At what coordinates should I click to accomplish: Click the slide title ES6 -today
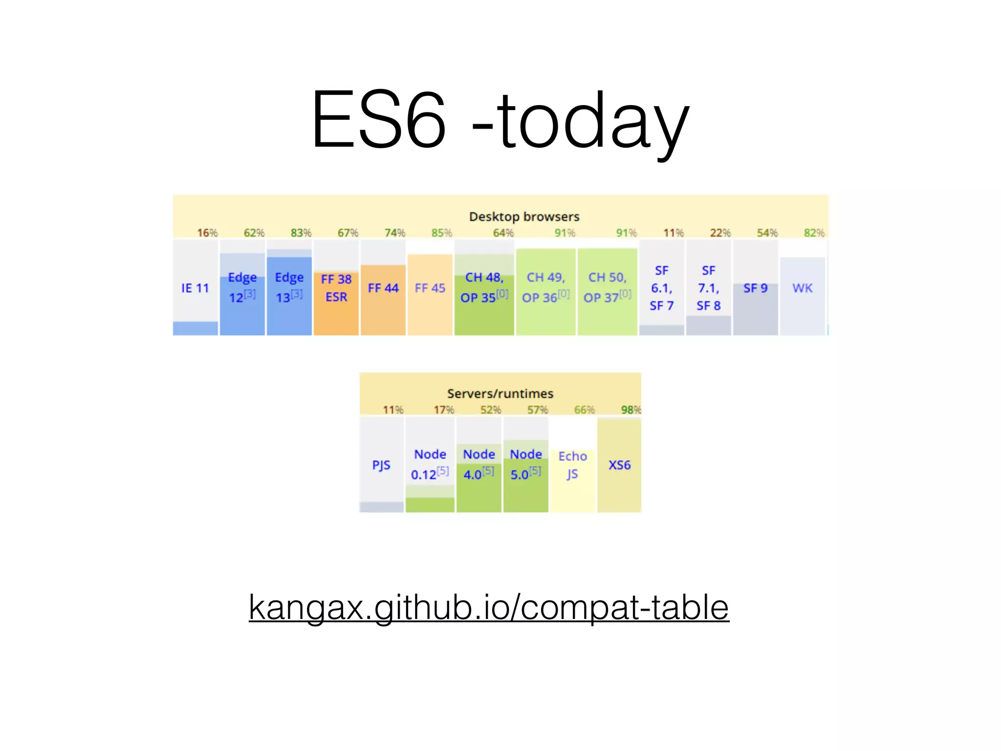(500, 120)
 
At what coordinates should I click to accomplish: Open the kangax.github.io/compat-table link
(489, 607)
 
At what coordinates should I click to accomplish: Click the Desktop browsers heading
(524, 217)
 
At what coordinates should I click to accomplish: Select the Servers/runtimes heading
(500, 394)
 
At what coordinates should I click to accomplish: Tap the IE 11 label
(195, 288)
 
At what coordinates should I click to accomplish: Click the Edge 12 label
(242, 287)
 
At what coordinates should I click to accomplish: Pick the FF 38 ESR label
(336, 288)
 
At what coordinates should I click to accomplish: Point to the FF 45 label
(430, 288)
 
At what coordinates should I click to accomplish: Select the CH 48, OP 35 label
(484, 287)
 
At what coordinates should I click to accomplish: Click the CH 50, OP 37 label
(607, 287)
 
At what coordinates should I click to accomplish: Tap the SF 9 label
(755, 288)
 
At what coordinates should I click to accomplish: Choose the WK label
(802, 288)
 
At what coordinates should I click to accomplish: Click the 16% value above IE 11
(207, 233)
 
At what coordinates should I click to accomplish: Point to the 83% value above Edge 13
(301, 233)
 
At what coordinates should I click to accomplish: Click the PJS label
(381, 465)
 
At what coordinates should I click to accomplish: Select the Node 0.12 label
(430, 464)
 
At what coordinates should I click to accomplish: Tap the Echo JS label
(572, 465)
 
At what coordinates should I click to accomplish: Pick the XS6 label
(619, 465)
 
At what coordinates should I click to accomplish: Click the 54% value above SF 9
(767, 233)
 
